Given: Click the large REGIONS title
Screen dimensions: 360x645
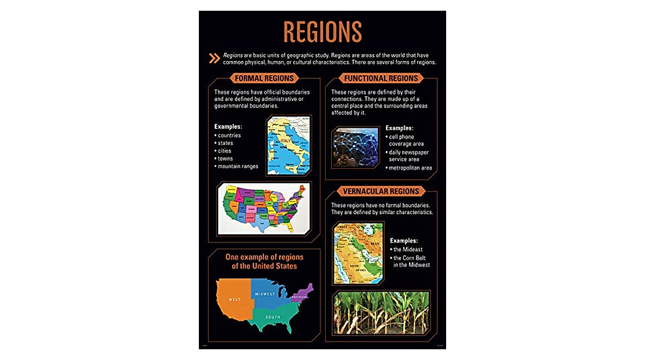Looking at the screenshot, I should pos(322,32).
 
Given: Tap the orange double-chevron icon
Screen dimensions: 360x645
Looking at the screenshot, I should pos(214,59).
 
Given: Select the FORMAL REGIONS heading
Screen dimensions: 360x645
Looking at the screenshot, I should pos(264,78).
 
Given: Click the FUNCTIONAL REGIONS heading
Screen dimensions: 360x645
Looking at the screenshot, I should pos(381,78).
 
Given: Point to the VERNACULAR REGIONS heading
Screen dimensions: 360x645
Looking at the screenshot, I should pos(381,191).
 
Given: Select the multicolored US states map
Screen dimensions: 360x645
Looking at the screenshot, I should pos(263,208).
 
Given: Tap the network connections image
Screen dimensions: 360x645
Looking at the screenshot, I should pos(355,147).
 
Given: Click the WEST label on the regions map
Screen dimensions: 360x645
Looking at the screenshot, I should pos(235,299).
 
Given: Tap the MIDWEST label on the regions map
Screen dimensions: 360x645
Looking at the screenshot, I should pos(264,294).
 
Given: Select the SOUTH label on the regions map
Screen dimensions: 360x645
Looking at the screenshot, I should pos(273,317).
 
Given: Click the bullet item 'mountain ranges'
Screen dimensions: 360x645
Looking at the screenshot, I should pos(238,166).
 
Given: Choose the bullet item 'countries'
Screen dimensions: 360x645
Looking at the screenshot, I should pos(230,135).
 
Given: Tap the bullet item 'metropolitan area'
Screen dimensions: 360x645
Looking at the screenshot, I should pos(411,168).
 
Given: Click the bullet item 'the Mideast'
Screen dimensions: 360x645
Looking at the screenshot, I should pos(408,249).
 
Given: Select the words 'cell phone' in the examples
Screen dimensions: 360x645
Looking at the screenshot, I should pos(402,136).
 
